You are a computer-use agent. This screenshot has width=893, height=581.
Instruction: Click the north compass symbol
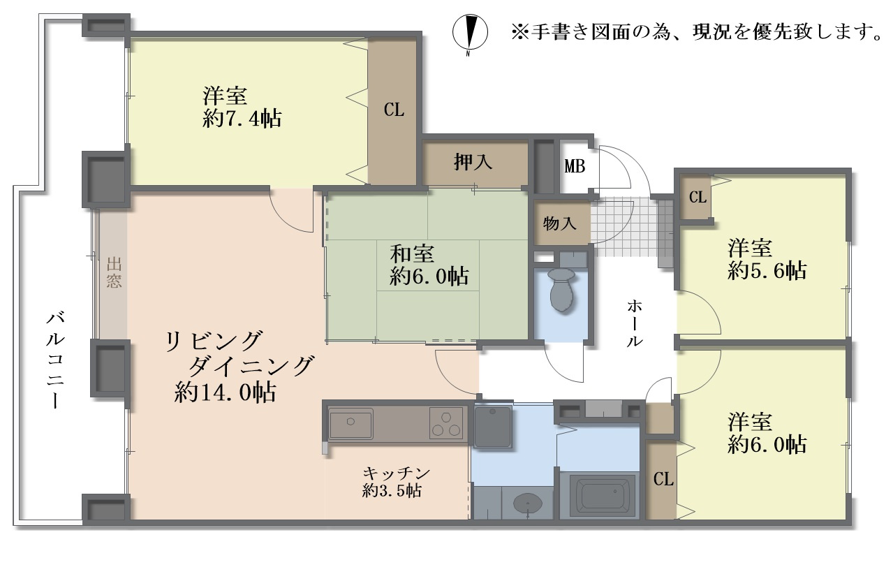[468, 32]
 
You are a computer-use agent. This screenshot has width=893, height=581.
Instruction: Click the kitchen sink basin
[350, 422]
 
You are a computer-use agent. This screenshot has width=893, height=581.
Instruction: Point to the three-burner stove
[446, 422]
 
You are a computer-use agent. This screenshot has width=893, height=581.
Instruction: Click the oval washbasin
[526, 503]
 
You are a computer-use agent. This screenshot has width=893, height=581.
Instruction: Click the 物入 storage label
[559, 223]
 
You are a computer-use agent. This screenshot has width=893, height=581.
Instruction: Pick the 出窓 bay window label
[114, 273]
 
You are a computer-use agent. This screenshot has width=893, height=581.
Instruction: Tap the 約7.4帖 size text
[242, 119]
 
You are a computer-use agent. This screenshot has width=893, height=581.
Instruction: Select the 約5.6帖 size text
[767, 271]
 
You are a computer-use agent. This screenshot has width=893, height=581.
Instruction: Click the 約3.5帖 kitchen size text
[392, 490]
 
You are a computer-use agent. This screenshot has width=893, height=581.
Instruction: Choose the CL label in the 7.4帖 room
[394, 110]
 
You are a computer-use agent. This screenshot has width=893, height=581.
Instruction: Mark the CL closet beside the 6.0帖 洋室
[663, 479]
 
